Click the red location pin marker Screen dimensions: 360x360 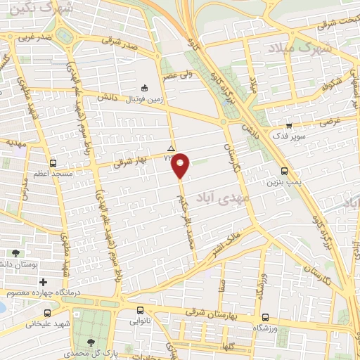click(181, 165)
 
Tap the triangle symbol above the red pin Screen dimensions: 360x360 click(172, 148)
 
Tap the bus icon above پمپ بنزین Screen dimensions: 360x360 click(284, 171)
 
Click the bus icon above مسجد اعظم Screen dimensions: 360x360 click(48, 160)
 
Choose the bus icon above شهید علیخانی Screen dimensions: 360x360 click(47, 314)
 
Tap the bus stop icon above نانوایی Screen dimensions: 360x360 click(141, 310)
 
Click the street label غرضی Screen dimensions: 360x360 click(330, 121)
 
